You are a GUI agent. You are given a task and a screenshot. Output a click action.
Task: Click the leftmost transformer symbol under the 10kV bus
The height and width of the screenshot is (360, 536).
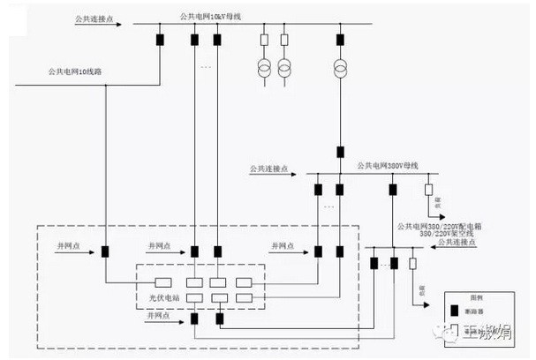pyautogui.click(x=264, y=67)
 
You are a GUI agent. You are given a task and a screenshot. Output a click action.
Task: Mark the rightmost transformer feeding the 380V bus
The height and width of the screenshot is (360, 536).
pyautogui.click(x=340, y=67)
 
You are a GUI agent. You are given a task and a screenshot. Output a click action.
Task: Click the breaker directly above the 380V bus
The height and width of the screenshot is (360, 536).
pyautogui.click(x=340, y=155)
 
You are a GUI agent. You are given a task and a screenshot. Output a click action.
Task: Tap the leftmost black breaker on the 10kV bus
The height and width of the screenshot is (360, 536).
pyautogui.click(x=160, y=39)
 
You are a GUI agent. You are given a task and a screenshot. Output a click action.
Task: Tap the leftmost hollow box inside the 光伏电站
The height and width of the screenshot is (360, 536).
pyautogui.click(x=162, y=283)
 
